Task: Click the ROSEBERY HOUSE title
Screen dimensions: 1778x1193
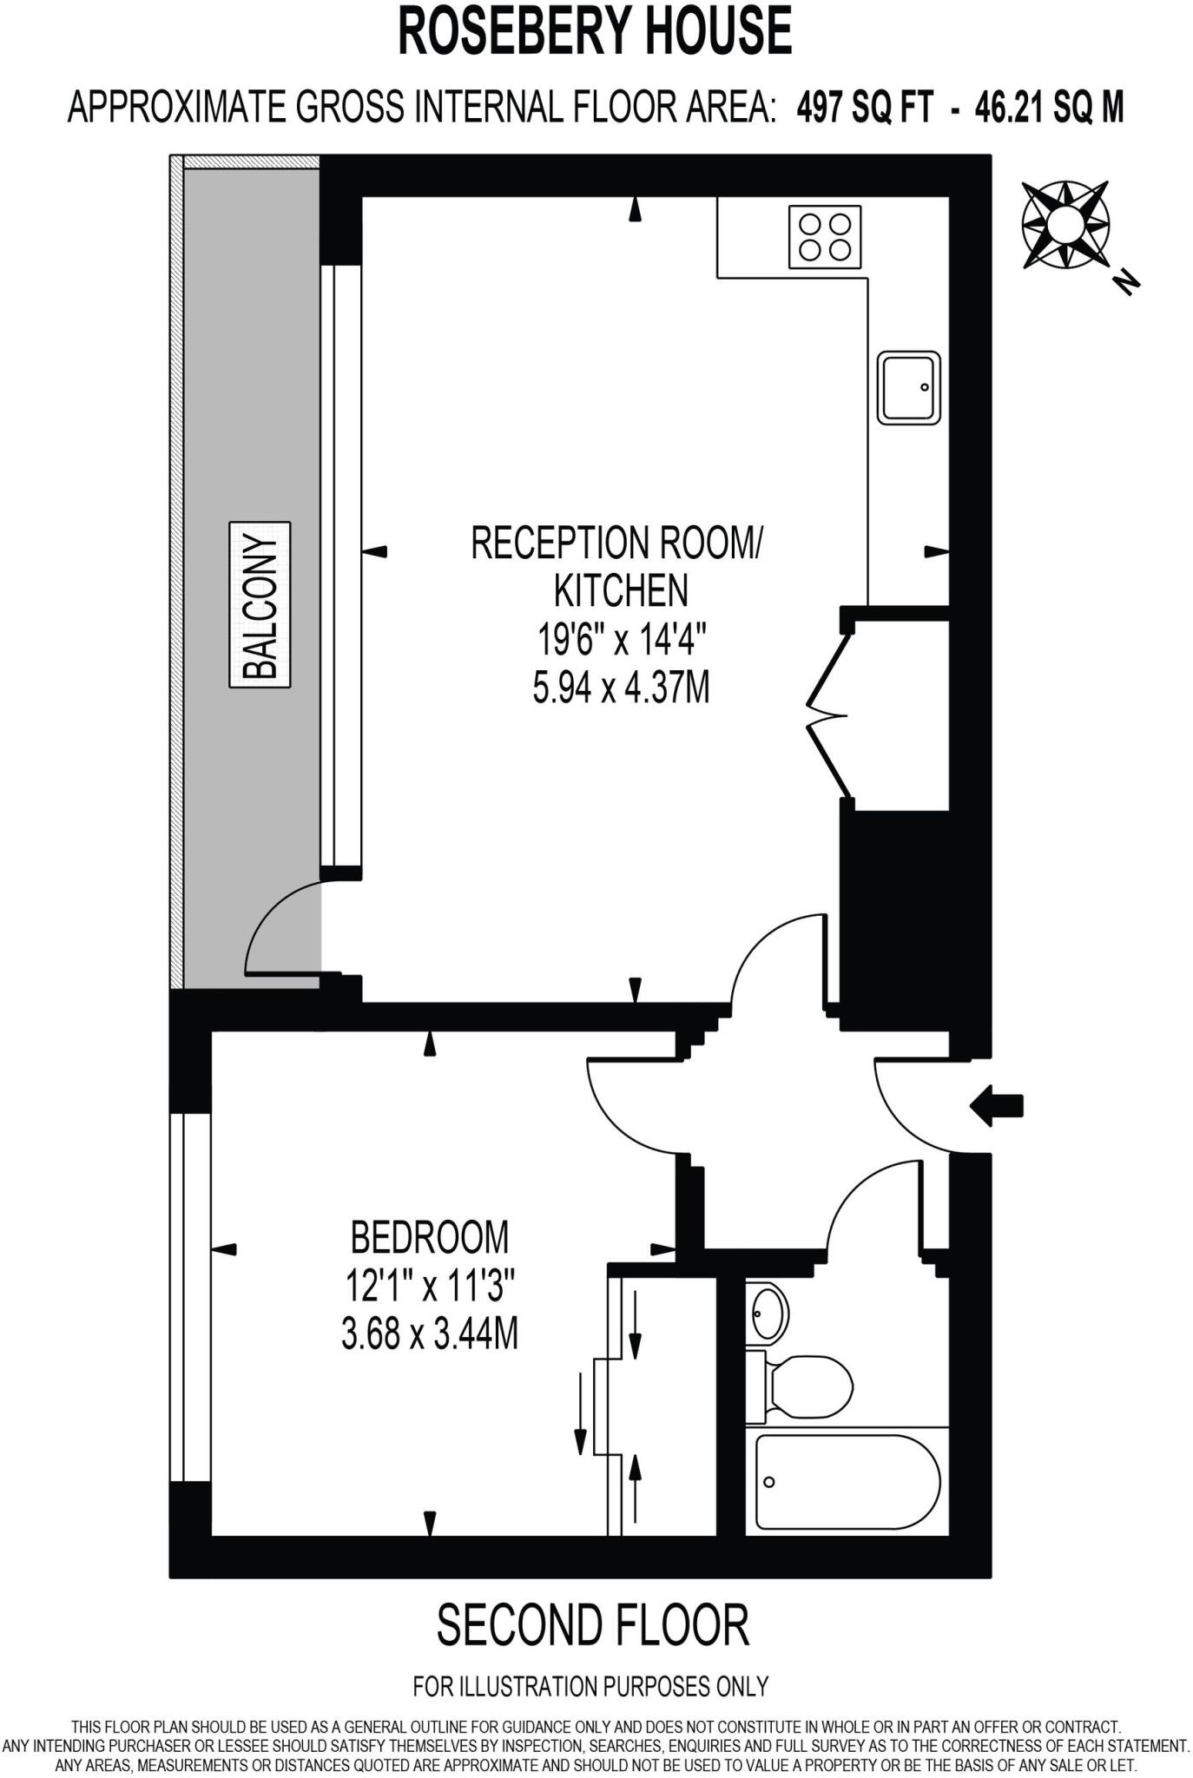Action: (x=595, y=32)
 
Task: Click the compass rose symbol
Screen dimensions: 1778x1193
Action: (x=1064, y=225)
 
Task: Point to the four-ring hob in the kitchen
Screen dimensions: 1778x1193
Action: (x=825, y=237)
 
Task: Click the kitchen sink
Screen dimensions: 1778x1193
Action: (x=908, y=387)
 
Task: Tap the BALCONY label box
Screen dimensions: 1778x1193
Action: (x=260, y=604)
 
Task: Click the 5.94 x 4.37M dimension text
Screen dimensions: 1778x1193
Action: (x=621, y=688)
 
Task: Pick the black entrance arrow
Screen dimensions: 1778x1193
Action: (x=997, y=1106)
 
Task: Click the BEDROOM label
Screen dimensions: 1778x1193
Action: (x=429, y=1237)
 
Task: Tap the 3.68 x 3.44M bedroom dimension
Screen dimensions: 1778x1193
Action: (x=429, y=1333)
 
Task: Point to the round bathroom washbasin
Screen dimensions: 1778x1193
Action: (x=768, y=1314)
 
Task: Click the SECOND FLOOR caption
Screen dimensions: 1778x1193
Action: (x=593, y=1625)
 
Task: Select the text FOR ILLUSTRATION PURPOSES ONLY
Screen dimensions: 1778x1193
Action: (x=590, y=1686)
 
